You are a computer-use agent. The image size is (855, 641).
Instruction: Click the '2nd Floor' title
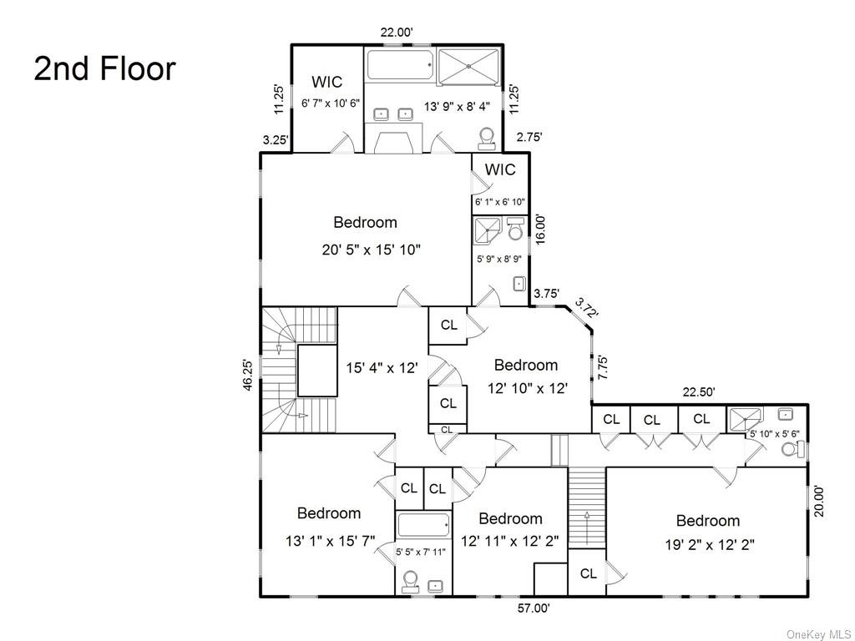pyautogui.click(x=104, y=68)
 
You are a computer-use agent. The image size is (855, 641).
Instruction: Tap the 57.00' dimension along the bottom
pyautogui.click(x=533, y=608)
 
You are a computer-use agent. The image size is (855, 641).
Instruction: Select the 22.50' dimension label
pyautogui.click(x=699, y=391)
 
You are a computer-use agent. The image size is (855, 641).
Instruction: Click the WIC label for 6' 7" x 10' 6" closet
pyautogui.click(x=326, y=82)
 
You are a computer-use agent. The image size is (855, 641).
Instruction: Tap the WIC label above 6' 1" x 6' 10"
pyautogui.click(x=500, y=169)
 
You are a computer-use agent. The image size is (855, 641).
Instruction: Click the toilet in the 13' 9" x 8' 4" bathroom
pyautogui.click(x=487, y=138)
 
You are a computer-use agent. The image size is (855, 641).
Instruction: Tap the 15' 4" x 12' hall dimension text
pyautogui.click(x=382, y=366)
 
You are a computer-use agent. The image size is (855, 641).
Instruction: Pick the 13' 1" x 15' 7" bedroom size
pyautogui.click(x=329, y=541)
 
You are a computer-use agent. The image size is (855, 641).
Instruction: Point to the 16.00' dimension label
pyautogui.click(x=540, y=230)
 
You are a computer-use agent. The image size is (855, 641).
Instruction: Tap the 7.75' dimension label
pyautogui.click(x=602, y=368)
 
